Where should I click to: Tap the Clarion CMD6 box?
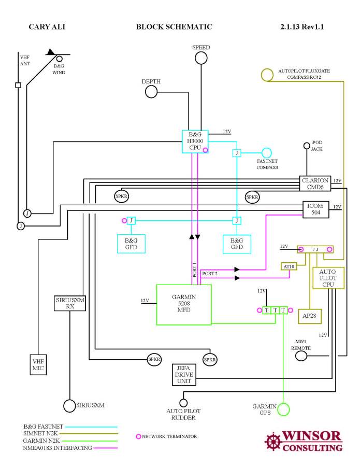coord(315,183)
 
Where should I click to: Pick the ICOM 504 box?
coord(316,208)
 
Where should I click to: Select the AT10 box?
coord(288,266)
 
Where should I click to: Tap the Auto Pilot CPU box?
coord(327,278)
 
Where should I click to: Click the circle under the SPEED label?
coord(201,58)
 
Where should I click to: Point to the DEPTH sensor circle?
coord(151,92)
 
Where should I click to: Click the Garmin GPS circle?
coord(284,409)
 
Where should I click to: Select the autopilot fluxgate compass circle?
coord(267,75)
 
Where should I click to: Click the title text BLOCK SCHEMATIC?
coord(174,26)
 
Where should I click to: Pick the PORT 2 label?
coord(209,273)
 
